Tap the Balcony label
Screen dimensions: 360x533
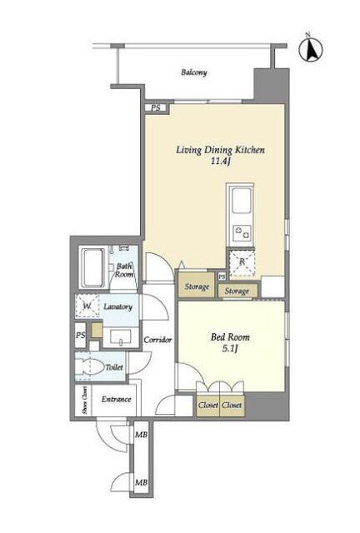194,72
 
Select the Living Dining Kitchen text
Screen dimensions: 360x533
220,150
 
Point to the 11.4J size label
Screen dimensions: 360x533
221,161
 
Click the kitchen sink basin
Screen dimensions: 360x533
241,201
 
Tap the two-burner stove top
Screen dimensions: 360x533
242,233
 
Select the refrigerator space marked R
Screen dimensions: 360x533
242,263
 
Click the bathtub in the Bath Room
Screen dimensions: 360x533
92,267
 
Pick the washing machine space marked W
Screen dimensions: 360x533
87,306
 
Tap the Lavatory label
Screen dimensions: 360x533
117,306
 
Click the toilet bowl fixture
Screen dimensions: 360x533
90,366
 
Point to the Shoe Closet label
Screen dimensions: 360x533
84,401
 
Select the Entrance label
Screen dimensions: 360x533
116,399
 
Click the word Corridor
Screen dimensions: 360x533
157,340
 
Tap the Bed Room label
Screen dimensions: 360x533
230,337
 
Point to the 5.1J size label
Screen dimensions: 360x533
230,349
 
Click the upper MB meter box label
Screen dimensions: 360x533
141,435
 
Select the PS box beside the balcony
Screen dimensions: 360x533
156,108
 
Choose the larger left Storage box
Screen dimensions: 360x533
197,286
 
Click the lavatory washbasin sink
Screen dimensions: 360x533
121,336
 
